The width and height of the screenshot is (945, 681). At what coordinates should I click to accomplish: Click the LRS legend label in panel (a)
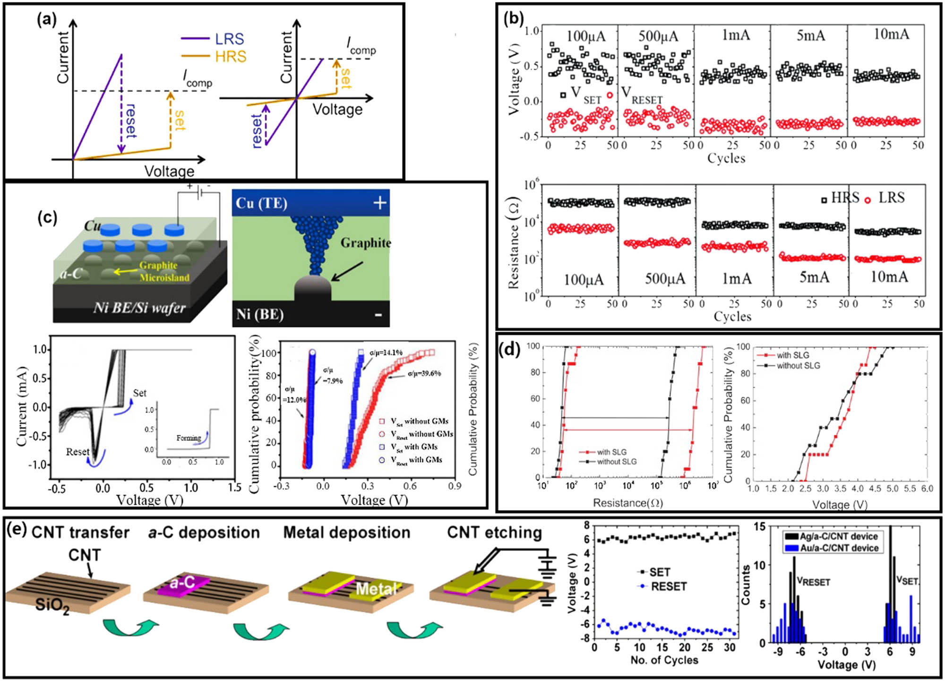229,39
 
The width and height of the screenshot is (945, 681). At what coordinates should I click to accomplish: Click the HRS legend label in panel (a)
230,57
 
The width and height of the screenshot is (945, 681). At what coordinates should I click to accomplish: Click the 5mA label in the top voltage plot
811,35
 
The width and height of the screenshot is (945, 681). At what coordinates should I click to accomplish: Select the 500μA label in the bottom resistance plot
665,279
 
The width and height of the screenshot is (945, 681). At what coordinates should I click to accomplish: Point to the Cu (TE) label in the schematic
261,203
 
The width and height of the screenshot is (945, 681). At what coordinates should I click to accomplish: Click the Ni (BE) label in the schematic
260,314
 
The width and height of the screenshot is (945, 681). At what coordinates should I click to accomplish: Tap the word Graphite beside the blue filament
366,243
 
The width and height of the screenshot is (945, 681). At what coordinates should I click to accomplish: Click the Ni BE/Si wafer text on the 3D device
139,308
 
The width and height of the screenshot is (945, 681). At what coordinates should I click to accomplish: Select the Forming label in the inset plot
189,438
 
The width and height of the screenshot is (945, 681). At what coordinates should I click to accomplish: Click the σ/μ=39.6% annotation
424,373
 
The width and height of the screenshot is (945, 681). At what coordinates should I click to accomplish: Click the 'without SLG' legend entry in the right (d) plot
798,366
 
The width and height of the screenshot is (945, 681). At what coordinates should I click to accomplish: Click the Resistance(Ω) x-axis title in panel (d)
628,503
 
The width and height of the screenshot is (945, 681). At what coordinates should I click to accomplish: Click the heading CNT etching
494,533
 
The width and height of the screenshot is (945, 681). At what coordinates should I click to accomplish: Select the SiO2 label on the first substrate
52,605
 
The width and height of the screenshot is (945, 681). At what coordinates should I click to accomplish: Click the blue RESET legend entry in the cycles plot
668,586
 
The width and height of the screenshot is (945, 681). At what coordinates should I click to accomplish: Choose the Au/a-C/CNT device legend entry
839,548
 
